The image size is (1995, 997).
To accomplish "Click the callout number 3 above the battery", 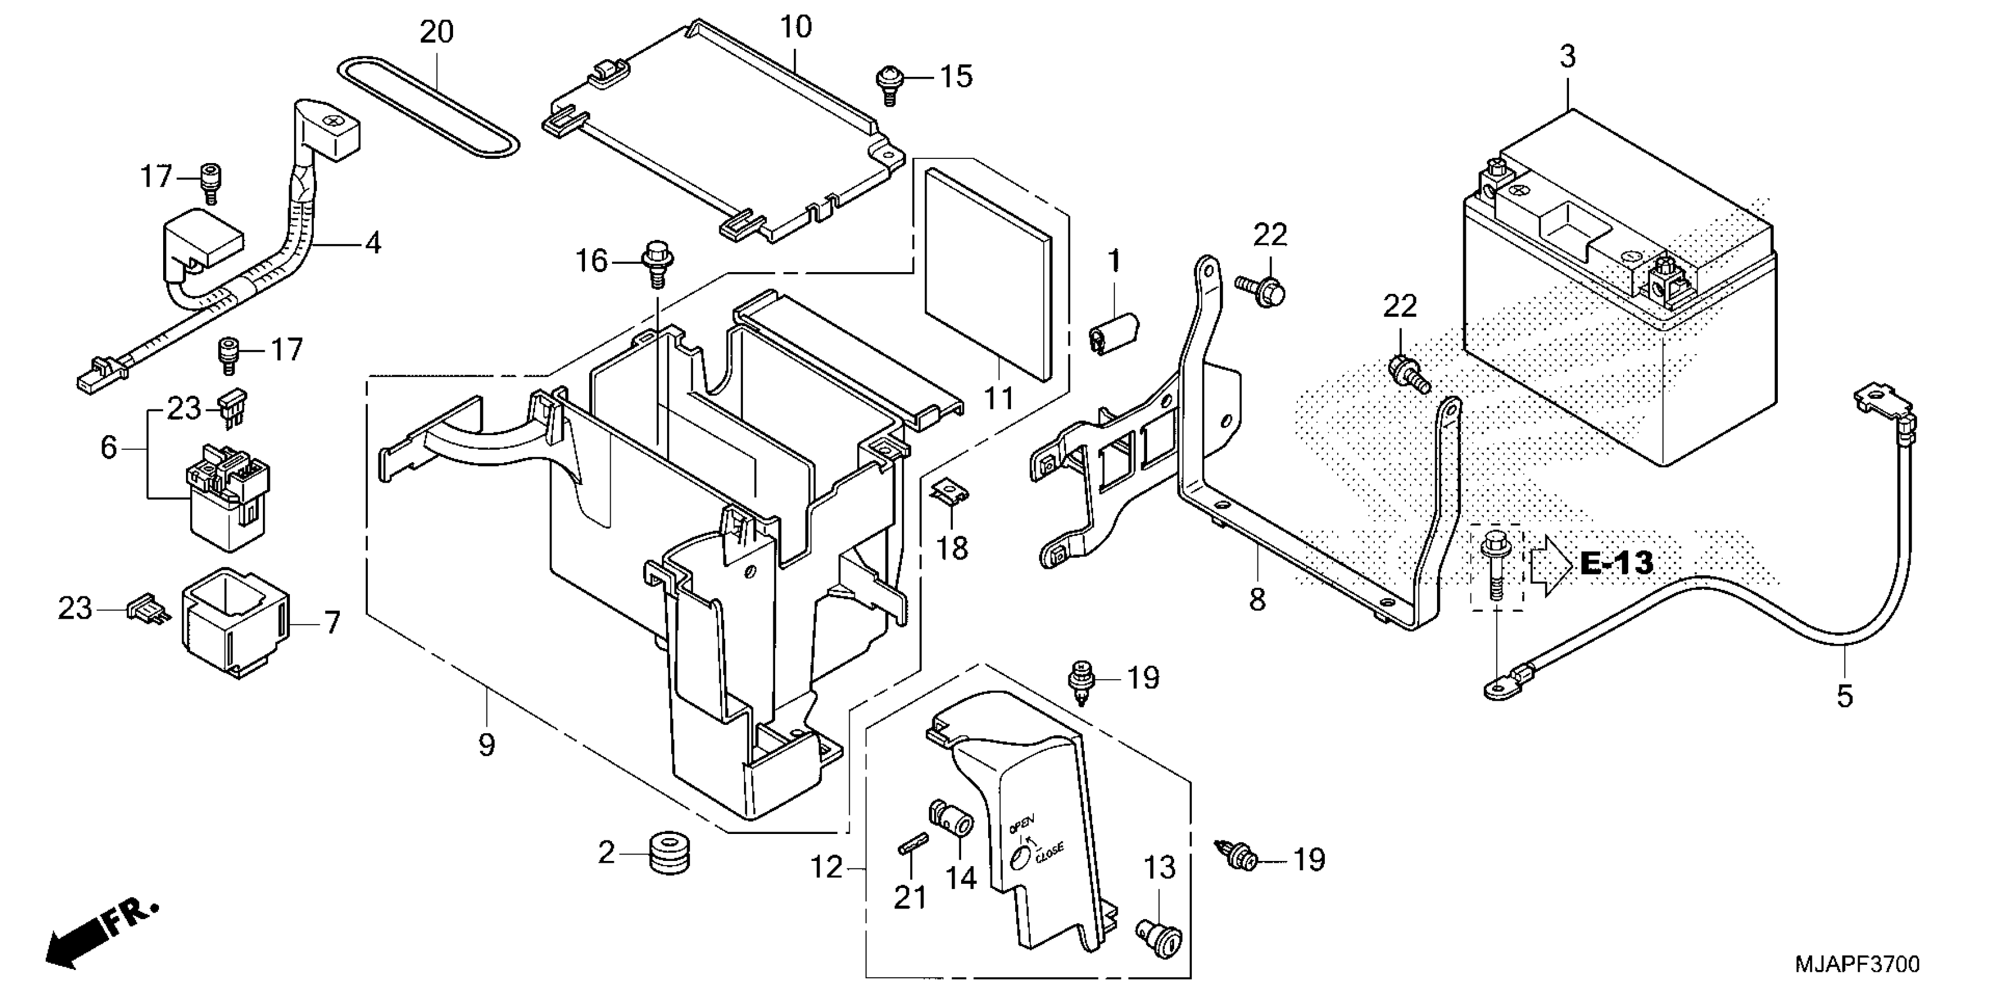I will (x=1567, y=56).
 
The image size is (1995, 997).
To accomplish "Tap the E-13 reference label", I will (x=1617, y=564).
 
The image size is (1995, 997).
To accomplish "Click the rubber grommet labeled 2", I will (x=668, y=853).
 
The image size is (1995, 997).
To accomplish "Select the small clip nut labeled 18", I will (x=950, y=492).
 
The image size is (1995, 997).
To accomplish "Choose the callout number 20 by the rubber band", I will (x=436, y=32).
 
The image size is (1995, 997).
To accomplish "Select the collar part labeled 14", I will (x=952, y=819).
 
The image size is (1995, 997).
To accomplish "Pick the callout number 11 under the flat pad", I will (x=998, y=399).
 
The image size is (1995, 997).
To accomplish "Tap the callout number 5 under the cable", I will (x=1845, y=697).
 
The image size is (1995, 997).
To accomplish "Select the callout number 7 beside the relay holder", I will (x=332, y=622).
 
